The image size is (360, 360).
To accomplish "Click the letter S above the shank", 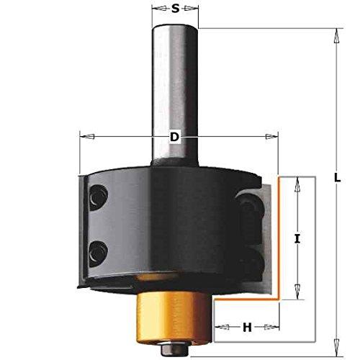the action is click(176, 9).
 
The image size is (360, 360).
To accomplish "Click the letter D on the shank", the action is click(175, 137).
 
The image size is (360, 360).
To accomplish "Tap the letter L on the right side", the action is click(338, 177).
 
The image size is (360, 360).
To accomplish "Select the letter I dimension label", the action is click(297, 238).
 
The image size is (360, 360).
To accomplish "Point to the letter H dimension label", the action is click(247, 327).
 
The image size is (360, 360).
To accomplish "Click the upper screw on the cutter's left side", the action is click(98, 197).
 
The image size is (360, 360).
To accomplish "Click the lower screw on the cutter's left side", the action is click(98, 253).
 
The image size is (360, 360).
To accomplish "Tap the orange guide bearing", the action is click(174, 318).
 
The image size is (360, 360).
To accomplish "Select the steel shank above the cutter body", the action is click(175, 95).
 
